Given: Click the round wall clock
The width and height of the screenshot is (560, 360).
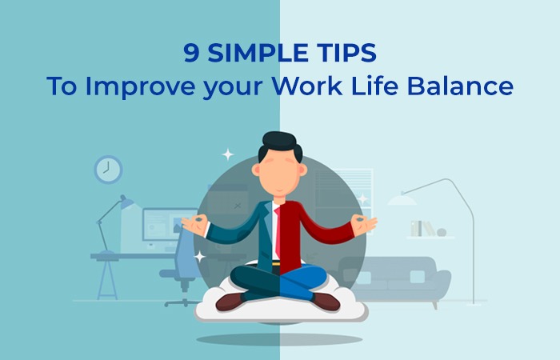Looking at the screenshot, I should pos(107,169).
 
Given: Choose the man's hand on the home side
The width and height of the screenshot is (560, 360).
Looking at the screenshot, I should pos(364,224).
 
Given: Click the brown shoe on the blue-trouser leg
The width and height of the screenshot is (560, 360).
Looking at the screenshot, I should pos(326,300).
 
